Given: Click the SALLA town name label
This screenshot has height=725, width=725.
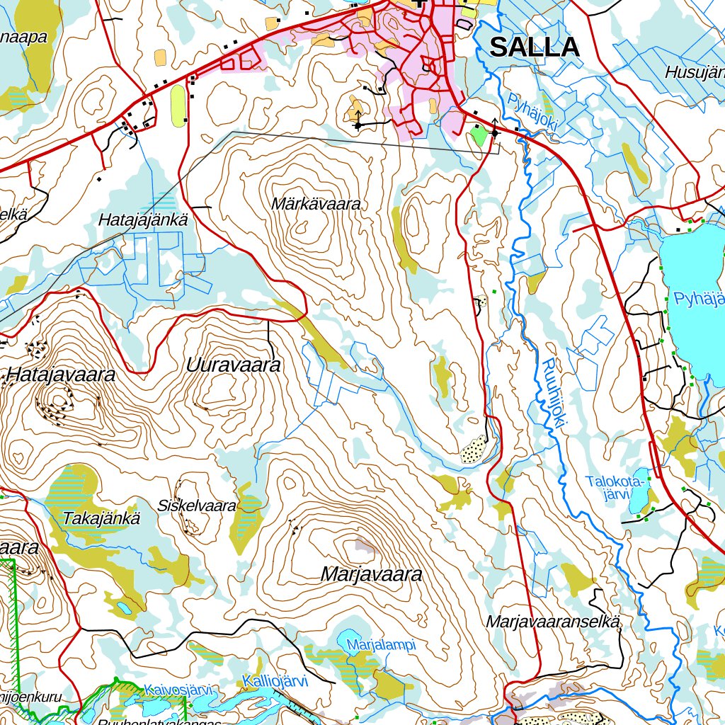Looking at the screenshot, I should pos(535,47).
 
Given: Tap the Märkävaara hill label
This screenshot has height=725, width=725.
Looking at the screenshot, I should pos(316,204).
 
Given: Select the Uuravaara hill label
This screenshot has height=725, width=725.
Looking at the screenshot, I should pos(234,365).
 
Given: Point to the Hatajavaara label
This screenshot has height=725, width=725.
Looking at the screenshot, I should pos(60,375).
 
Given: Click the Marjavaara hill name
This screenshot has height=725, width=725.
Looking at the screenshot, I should pos(371,574).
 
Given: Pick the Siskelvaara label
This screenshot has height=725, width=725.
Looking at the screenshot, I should pos(197,506).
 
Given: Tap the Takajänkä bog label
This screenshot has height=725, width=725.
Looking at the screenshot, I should pos(101,518).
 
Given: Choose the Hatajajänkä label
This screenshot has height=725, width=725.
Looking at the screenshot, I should pos(143,221).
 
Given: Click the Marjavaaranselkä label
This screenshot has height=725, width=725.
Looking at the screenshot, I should pos(554,622).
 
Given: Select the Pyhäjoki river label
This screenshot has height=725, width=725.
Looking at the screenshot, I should pos(533,113).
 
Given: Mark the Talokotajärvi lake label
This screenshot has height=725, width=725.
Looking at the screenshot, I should pos(616,488).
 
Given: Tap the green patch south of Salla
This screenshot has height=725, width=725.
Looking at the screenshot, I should pos(479,135).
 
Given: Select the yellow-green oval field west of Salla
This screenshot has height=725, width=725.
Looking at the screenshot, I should pos(178,105).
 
